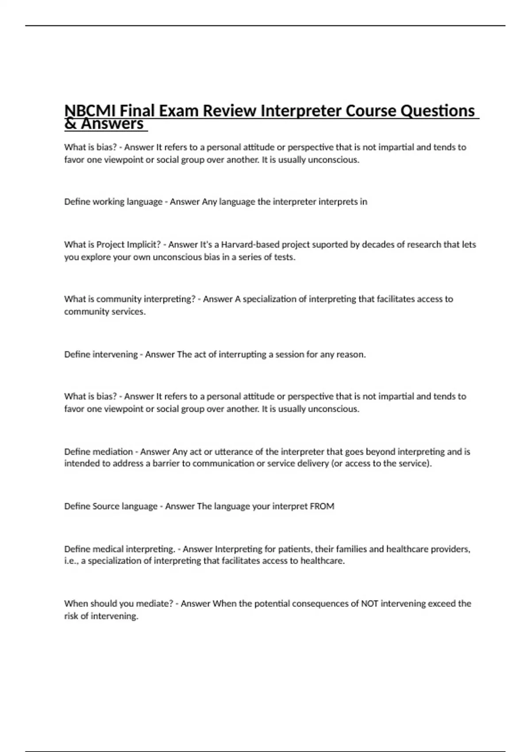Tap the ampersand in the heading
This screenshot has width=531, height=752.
(70, 124)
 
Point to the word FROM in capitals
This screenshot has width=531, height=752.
(322, 506)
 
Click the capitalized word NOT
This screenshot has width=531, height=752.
(369, 603)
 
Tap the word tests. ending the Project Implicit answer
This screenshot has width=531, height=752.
(285, 257)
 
